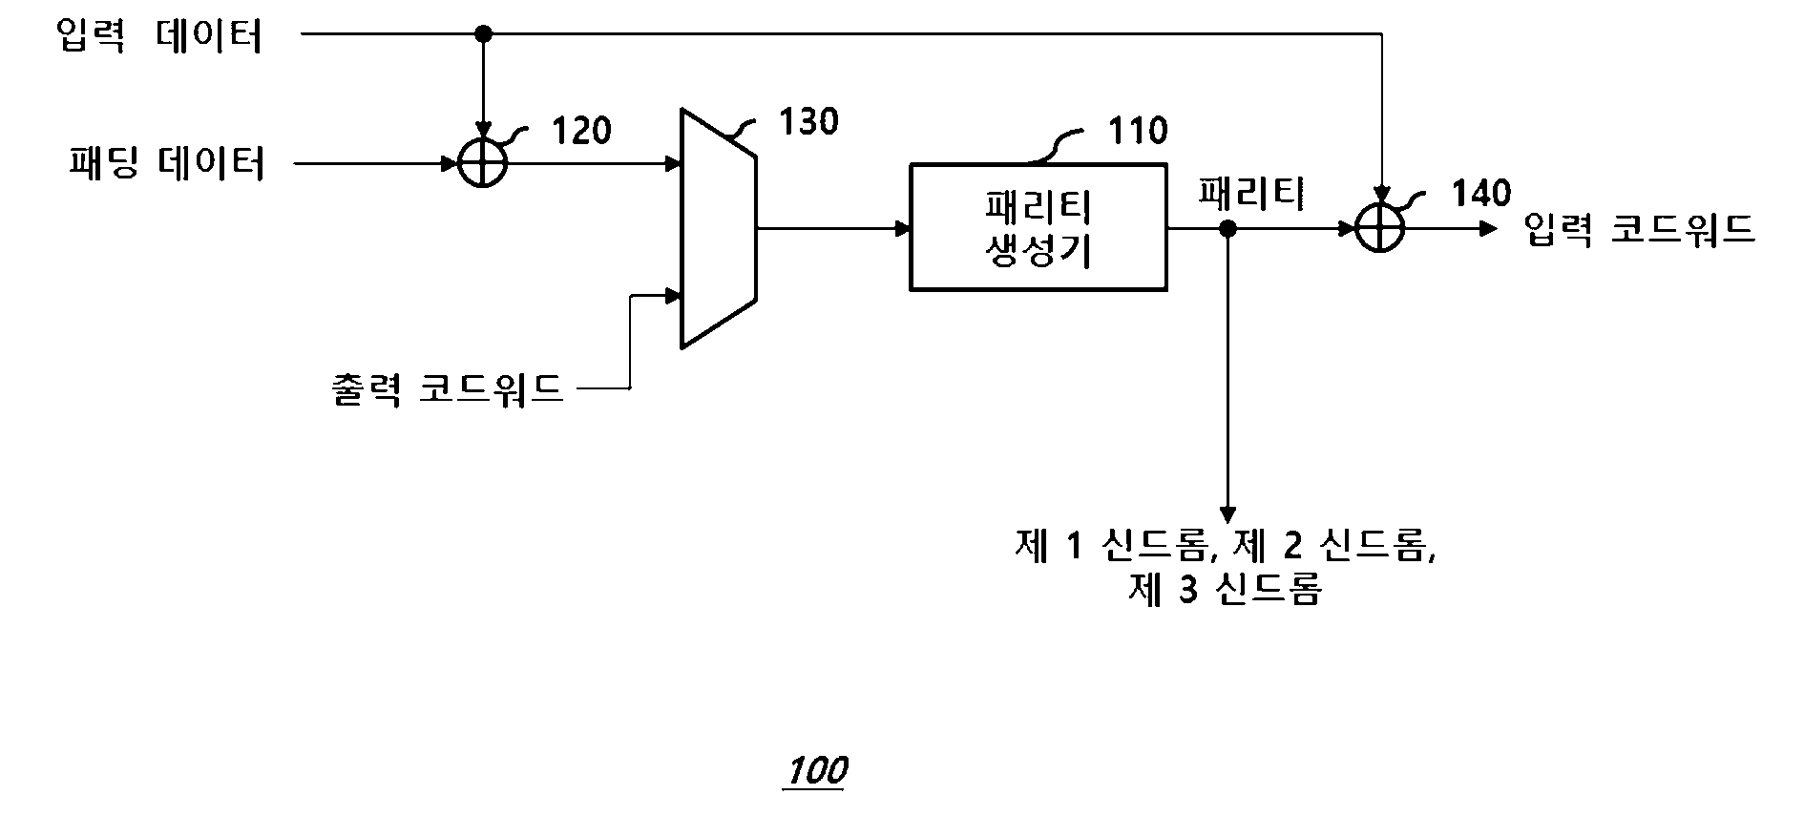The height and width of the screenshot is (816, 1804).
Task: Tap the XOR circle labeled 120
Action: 483,164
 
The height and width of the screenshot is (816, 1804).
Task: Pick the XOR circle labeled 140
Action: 1380,229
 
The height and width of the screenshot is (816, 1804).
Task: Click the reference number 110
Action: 1138,131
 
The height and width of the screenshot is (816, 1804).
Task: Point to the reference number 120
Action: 582,131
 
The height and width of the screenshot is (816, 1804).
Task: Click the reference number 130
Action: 809,122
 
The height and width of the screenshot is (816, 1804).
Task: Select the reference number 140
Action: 1481,194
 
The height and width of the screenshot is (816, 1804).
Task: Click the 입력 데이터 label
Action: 159,36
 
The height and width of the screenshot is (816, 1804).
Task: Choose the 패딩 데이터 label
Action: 167,164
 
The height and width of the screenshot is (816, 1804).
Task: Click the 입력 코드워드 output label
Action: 1640,230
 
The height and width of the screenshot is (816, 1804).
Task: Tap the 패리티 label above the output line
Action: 1250,194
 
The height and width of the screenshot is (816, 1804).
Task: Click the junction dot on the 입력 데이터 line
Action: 483,34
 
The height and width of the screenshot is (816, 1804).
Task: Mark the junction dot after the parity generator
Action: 1228,229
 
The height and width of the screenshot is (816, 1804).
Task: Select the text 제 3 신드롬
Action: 1225,590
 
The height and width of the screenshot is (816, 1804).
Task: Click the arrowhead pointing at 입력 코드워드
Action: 1488,229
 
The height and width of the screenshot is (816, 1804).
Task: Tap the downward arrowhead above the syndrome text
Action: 1228,512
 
